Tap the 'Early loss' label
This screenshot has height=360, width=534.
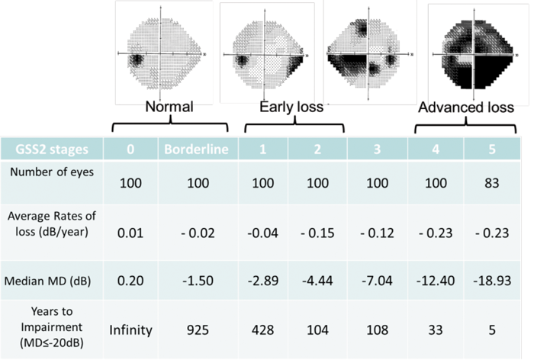click(291, 108)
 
